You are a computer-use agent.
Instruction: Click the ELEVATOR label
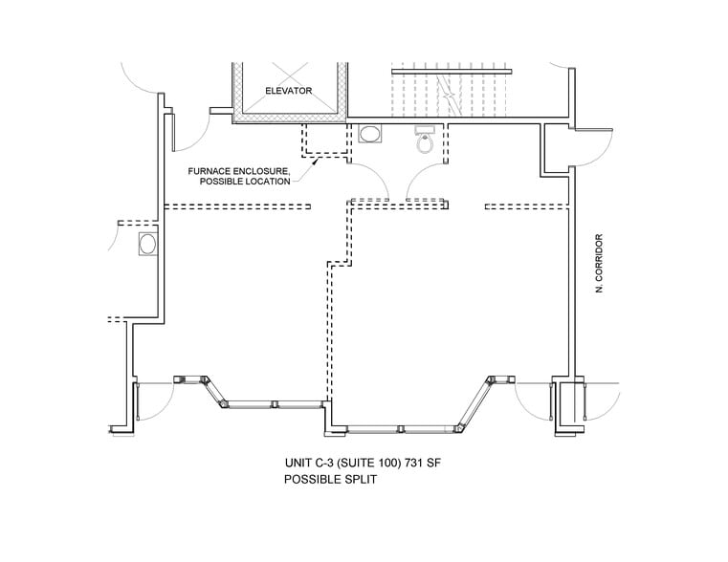[288, 91]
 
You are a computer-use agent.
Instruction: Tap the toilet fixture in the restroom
[424, 140]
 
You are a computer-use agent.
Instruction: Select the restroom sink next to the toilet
[370, 134]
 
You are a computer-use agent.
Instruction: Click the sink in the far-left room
[148, 244]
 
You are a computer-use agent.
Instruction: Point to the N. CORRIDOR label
[599, 264]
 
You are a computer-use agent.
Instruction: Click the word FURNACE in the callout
[208, 171]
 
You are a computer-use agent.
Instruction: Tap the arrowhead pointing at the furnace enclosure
[316, 162]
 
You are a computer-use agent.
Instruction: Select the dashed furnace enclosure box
[325, 140]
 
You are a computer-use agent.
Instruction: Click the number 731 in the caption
[413, 463]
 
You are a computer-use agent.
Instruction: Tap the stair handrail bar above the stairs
[452, 72]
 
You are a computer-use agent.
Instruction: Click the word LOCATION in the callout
[268, 182]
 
